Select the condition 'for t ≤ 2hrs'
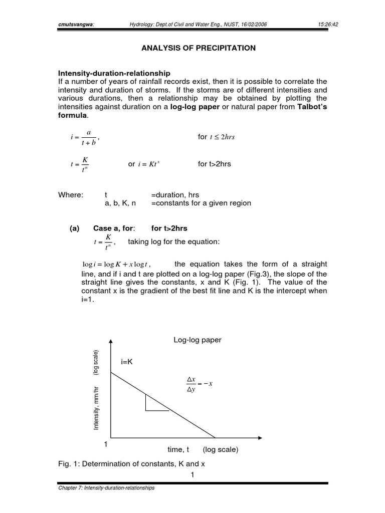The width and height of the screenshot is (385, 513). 217,137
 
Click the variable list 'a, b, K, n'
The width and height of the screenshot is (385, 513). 120,203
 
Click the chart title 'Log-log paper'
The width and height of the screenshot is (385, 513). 197,340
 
